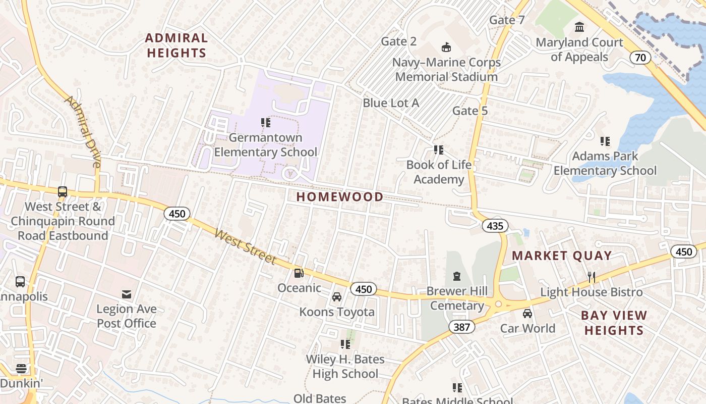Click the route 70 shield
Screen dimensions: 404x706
coord(640,58)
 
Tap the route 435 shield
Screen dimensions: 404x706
coord(495,226)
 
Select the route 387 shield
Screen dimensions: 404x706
coord(461,327)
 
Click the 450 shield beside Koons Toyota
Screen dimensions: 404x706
coord(363,289)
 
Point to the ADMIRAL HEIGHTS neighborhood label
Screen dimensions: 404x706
coord(177,45)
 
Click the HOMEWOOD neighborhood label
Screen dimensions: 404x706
coord(339,197)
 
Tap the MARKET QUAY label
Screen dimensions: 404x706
coord(562,256)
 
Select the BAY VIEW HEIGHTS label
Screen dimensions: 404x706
coord(614,323)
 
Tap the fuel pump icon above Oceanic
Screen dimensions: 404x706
coord(299,273)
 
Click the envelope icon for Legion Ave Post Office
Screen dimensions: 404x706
coord(127,294)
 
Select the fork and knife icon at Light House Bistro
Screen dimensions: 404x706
coord(592,277)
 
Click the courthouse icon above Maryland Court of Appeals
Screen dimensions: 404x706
coord(579,27)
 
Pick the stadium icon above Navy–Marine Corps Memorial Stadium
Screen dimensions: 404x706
coord(446,47)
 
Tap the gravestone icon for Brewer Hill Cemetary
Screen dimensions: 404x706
coord(457,276)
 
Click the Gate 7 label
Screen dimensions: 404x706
coord(507,20)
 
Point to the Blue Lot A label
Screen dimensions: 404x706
coord(391,103)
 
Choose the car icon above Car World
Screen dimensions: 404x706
coord(527,314)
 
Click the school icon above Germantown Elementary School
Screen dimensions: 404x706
coord(266,122)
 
